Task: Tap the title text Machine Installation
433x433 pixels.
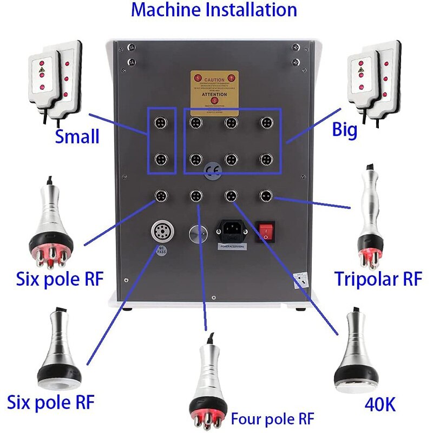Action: click(x=214, y=10)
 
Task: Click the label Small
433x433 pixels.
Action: click(x=77, y=136)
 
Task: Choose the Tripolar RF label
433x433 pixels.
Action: click(x=377, y=279)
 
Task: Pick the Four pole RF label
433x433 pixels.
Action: click(x=272, y=418)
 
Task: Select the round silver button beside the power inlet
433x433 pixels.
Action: click(x=196, y=233)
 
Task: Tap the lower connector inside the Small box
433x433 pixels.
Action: click(x=162, y=159)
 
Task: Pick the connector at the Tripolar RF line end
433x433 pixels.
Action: click(x=265, y=194)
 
